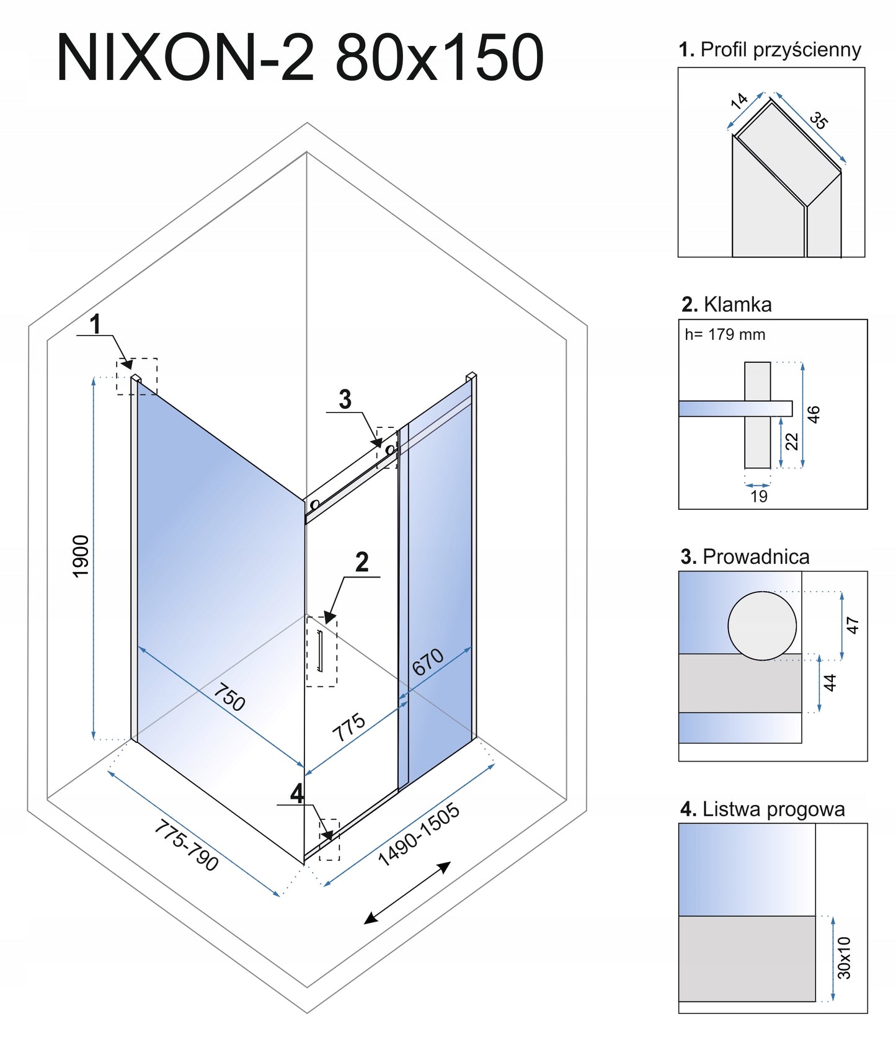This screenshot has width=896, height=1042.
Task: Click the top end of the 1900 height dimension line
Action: [94, 376]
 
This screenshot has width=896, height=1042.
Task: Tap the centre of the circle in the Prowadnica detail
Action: [761, 626]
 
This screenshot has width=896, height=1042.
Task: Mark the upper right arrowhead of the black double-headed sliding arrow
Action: [450, 863]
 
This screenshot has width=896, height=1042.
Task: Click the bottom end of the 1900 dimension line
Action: [94, 739]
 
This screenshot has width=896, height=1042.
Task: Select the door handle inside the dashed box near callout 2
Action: [320, 651]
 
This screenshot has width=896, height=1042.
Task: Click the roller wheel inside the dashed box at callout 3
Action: [390, 450]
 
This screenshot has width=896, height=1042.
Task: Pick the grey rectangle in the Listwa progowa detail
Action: [747, 958]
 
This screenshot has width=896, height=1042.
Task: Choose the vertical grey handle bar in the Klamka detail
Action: [758, 415]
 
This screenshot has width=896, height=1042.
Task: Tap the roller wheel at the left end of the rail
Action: [314, 505]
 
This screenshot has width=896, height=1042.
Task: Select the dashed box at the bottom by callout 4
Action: [329, 840]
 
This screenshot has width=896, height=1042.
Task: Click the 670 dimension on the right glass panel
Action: [428, 662]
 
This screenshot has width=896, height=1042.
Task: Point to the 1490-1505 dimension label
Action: [419, 834]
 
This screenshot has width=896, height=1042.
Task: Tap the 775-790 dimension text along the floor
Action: [186, 845]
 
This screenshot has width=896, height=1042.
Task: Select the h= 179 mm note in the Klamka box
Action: [725, 335]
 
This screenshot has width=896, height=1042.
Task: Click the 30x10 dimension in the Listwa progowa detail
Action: [844, 958]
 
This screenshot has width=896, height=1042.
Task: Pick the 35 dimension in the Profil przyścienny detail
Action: [818, 120]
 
